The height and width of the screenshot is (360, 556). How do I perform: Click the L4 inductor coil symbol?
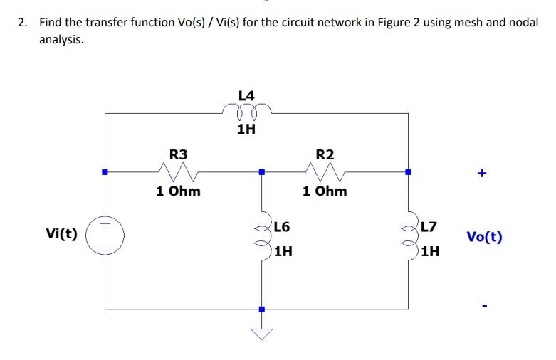pyautogui.click(x=246, y=112)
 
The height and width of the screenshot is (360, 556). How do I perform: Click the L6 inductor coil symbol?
pyautogui.click(x=263, y=238)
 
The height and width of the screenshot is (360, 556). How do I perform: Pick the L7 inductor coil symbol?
pyautogui.click(x=409, y=238)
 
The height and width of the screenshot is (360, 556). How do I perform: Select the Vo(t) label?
pyautogui.click(x=484, y=236)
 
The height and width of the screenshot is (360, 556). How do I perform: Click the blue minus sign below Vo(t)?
pyautogui.click(x=484, y=307)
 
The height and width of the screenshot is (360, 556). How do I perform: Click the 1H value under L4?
pyautogui.click(x=246, y=129)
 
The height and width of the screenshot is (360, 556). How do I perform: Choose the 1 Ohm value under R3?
pyautogui.click(x=178, y=191)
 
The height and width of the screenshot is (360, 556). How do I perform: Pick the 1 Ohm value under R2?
pyautogui.click(x=325, y=191)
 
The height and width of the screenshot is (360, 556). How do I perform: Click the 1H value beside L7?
pyautogui.click(x=429, y=251)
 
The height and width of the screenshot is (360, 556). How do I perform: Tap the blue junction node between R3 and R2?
pyautogui.click(x=262, y=171)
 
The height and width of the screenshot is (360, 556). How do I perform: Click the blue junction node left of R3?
pyautogui.click(x=105, y=171)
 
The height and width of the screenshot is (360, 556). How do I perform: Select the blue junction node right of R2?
pyautogui.click(x=408, y=171)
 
